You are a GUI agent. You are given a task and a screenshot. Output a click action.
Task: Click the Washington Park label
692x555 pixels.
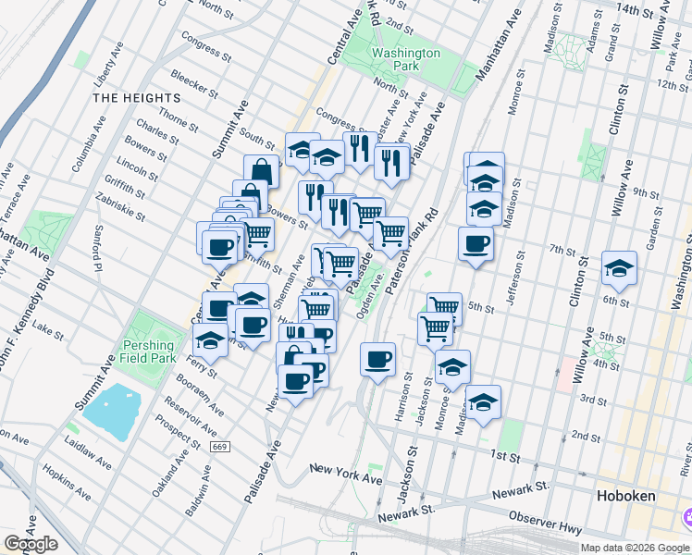click(406, 60)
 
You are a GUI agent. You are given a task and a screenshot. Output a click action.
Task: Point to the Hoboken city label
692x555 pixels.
click(625, 496)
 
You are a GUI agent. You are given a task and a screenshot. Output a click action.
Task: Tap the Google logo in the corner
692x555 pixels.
click(31, 544)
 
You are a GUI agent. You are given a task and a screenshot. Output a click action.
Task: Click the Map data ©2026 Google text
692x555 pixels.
click(634, 548)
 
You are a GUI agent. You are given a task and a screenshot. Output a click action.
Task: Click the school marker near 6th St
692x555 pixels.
click(619, 269)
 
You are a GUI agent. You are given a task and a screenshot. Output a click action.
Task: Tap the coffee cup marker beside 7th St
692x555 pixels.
click(476, 244)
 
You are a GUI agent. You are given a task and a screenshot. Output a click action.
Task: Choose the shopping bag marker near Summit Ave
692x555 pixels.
click(262, 171)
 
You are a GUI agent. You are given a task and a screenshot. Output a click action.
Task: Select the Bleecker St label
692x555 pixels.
click(192, 85)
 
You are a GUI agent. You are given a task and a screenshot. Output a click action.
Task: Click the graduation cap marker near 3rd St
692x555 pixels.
click(483, 402)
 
